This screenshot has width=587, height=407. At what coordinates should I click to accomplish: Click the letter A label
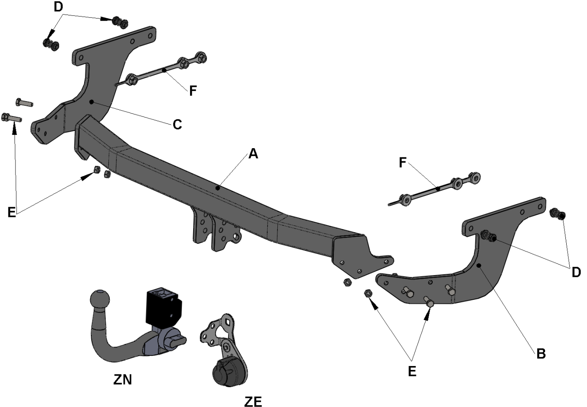tap(253, 154)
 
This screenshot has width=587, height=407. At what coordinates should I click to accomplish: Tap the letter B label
tap(541, 354)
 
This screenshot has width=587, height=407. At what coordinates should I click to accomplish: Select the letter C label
tap(177, 124)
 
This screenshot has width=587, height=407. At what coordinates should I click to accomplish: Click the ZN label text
tap(122, 380)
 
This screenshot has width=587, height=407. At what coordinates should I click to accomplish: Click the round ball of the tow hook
tap(100, 300)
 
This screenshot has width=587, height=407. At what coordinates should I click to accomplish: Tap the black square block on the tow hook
tap(164, 307)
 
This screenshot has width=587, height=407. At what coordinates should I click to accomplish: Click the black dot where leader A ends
tap(217, 188)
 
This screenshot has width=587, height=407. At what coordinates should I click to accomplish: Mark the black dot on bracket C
tap(91, 102)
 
